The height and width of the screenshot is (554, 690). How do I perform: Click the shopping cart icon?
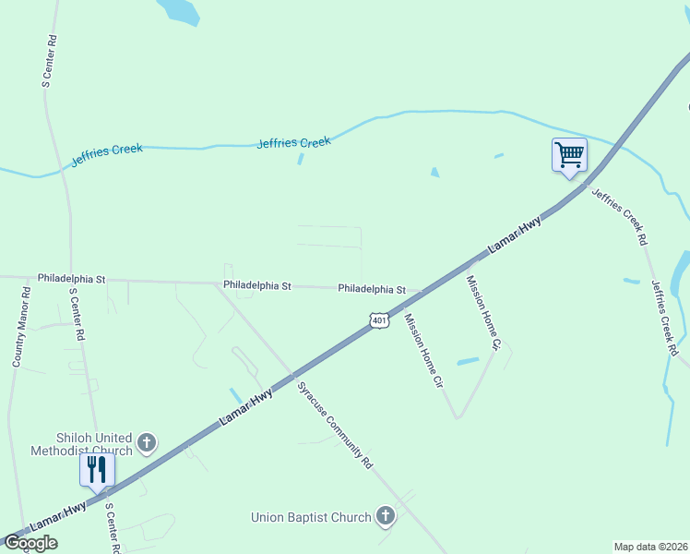(569, 154)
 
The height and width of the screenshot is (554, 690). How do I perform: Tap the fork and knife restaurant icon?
(96, 469)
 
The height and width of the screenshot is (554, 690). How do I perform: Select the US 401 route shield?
(378, 319)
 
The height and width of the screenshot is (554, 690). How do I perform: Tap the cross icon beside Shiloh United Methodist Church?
(147, 445)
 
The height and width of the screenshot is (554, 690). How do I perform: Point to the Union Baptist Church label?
(311, 517)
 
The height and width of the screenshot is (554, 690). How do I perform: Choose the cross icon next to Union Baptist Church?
(386, 517)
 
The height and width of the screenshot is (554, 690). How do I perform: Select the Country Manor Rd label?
(21, 328)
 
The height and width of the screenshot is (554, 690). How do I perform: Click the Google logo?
(30, 543)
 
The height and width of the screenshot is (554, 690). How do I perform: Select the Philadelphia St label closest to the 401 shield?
(372, 289)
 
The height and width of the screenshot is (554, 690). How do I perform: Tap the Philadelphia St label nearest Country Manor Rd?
(72, 278)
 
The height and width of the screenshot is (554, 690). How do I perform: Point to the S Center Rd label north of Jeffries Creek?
(50, 61)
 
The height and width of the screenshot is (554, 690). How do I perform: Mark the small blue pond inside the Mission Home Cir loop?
(469, 360)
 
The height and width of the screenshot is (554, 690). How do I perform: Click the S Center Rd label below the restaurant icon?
(112, 528)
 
